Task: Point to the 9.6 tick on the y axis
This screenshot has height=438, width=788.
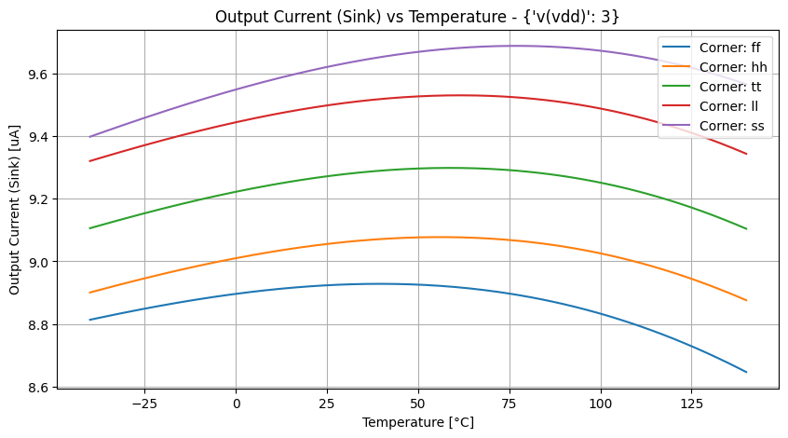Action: pos(40,75)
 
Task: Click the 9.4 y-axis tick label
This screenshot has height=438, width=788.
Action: pos(40,137)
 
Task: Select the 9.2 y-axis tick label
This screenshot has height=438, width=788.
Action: pos(40,199)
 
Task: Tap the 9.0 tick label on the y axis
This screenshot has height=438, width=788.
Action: pos(40,262)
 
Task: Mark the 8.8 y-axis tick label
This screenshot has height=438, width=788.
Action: pos(40,324)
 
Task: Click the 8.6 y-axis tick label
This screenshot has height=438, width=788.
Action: pos(40,387)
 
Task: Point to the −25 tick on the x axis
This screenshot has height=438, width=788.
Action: pos(144,404)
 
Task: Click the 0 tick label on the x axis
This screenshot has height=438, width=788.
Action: pos(236,404)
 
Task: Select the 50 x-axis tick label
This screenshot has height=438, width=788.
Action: pos(418,404)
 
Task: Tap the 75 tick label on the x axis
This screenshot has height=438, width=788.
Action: pos(509,404)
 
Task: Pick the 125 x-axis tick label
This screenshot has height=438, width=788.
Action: pos(692,404)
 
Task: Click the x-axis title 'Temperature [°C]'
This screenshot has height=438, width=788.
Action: pos(417,422)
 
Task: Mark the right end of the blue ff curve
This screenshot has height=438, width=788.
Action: pos(747,372)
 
